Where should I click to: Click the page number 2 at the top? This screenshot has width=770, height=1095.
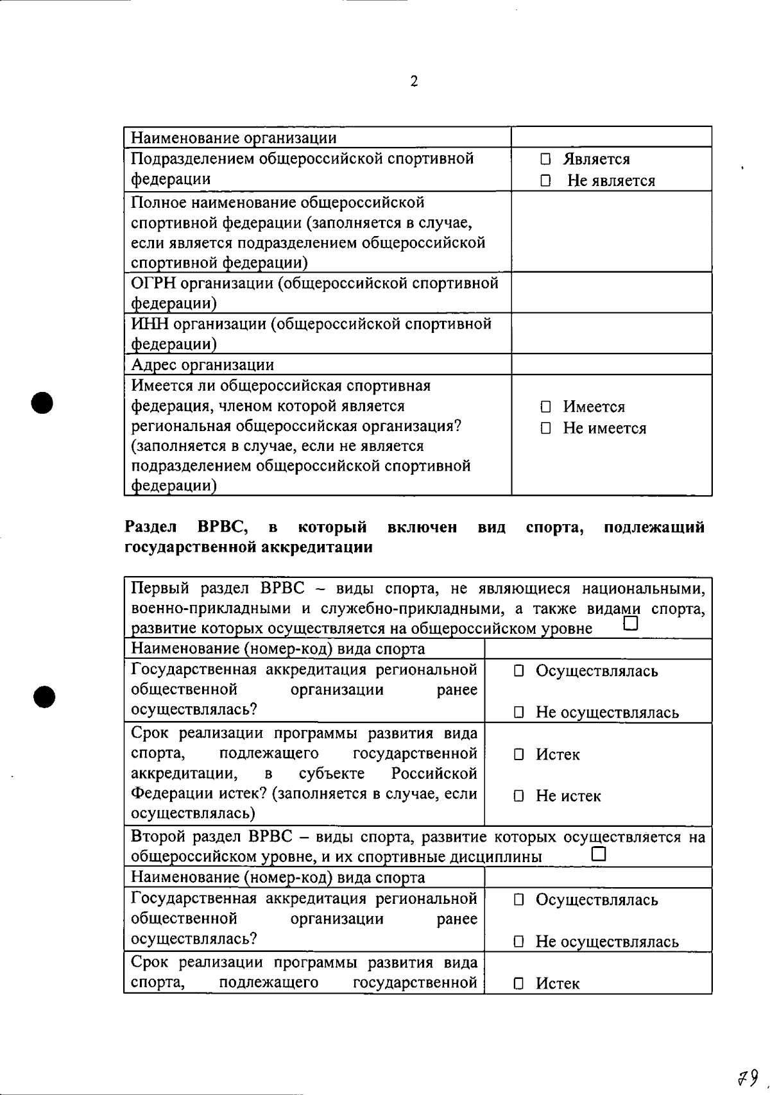(x=414, y=81)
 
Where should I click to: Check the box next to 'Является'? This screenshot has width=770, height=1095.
(x=545, y=159)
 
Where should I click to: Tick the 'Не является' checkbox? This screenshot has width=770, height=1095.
(x=545, y=181)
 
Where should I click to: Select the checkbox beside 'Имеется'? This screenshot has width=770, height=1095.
(x=545, y=407)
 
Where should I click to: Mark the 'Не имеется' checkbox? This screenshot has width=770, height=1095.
(x=545, y=429)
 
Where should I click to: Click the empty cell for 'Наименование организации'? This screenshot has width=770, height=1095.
(x=611, y=137)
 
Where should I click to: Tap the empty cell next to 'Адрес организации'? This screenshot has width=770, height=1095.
(x=611, y=364)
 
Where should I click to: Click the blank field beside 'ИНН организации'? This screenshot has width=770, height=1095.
(x=611, y=334)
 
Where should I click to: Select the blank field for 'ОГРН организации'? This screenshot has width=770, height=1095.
(x=611, y=293)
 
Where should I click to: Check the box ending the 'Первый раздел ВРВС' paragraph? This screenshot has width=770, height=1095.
(x=631, y=624)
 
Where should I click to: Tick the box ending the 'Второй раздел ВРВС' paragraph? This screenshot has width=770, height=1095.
(x=599, y=854)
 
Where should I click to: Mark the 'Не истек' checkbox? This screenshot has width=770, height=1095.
(x=518, y=797)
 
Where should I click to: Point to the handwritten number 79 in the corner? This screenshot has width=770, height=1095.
(x=747, y=1077)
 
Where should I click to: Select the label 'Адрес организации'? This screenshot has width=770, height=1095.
(x=203, y=365)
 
